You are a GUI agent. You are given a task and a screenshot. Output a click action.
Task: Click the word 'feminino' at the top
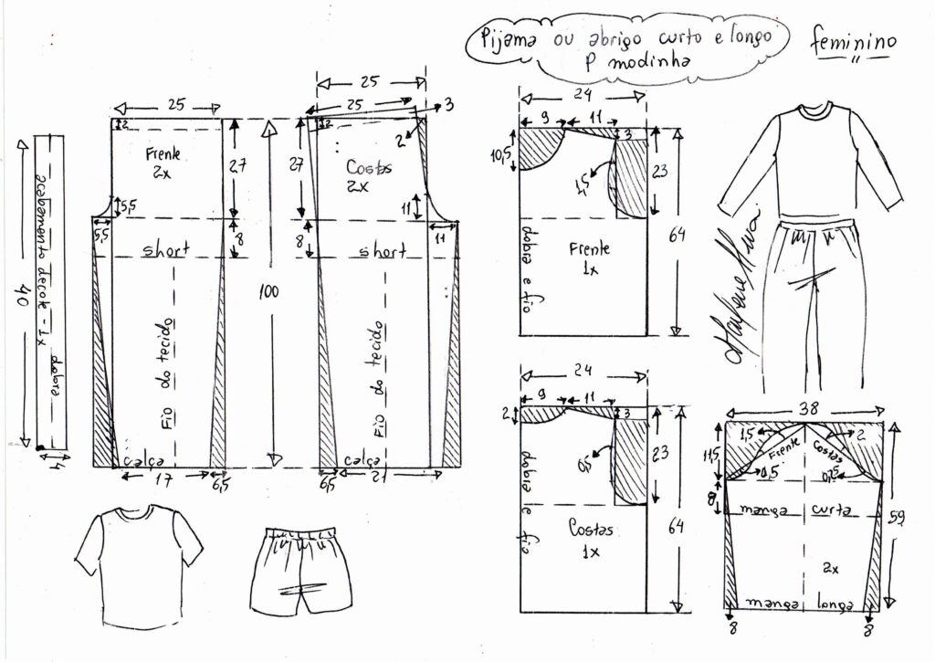click(x=852, y=42)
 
